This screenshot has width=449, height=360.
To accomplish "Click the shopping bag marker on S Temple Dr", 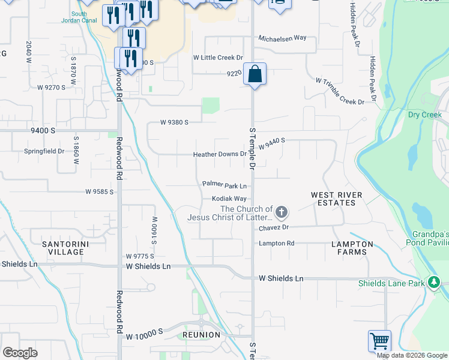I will [x=255, y=74].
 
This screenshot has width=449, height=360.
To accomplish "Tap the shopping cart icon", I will [x=379, y=341].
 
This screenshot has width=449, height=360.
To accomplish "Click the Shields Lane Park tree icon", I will [x=433, y=283].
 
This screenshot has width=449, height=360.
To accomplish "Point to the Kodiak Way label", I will [x=229, y=199].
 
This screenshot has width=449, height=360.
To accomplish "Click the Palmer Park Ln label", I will [x=224, y=185].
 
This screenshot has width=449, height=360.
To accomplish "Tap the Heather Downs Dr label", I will [x=220, y=154].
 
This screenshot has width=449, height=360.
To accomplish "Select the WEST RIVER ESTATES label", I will [x=336, y=199].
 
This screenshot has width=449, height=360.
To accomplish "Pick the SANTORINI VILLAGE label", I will [x=62, y=248].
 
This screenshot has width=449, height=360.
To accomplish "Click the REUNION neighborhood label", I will [x=202, y=334].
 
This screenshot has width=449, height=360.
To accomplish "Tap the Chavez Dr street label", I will [x=274, y=227].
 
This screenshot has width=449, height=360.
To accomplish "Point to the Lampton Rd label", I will [x=277, y=243].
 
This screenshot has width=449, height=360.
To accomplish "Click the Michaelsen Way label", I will [x=282, y=38].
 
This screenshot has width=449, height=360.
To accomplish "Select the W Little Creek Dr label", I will [x=217, y=58].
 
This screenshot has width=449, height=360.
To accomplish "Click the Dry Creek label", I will [x=424, y=115].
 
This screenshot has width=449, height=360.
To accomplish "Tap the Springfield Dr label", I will [x=44, y=151].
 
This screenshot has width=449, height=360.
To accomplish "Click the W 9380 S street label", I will [x=174, y=122].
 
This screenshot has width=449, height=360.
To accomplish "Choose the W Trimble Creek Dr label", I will [x=340, y=91].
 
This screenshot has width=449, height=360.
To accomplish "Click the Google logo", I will [x=20, y=353].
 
